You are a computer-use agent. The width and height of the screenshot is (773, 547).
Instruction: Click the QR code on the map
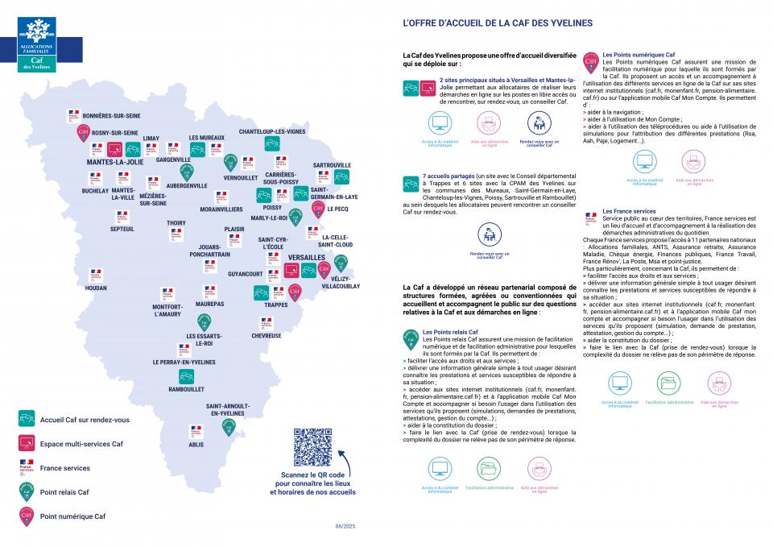pos(312,447)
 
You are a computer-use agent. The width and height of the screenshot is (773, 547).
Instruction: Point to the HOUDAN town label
pos(96,288)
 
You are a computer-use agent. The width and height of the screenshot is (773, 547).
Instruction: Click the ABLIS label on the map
pos(196,444)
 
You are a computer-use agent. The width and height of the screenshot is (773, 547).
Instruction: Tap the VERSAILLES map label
pos(307,257)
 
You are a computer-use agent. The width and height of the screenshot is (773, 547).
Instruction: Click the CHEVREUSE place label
pos(267,335)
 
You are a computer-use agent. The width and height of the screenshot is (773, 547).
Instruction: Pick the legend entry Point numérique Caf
pos(72,516)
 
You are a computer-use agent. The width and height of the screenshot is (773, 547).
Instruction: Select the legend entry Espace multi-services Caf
pos(81,444)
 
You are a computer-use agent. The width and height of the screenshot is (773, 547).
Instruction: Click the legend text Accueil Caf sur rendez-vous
pos(85,419)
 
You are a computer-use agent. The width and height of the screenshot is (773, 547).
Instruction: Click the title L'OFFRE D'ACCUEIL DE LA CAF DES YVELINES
pos(497,23)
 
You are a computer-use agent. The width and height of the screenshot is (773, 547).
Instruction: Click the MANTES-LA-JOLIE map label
pos(114,162)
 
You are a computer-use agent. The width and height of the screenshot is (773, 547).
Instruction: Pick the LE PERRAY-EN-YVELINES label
pos(184,363)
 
